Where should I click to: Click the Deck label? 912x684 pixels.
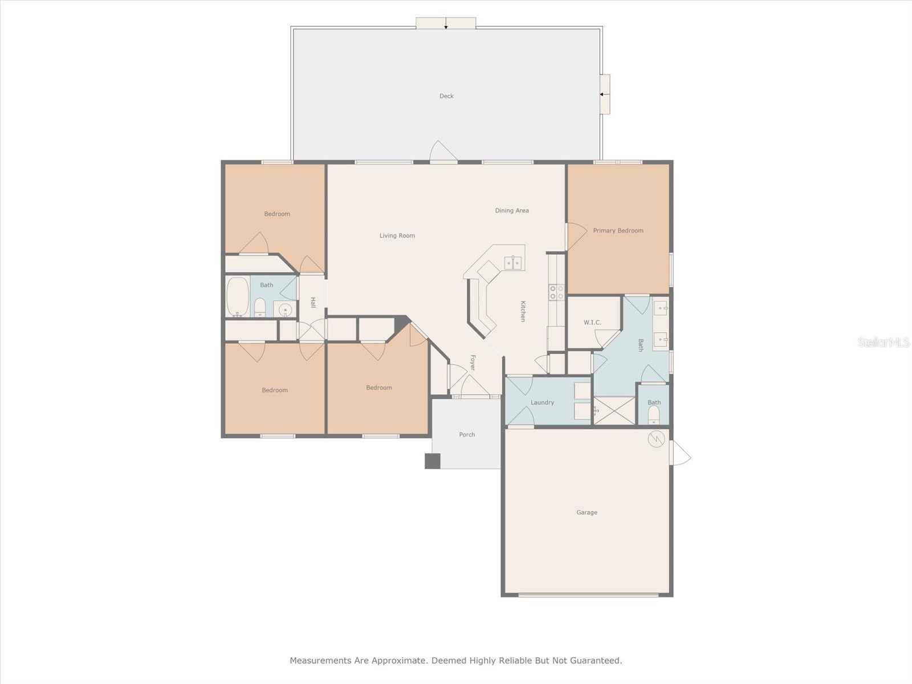click(446, 96)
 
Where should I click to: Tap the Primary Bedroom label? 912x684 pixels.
click(618, 231)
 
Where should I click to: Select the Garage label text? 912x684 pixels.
click(587, 512)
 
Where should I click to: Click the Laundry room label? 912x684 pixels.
click(542, 402)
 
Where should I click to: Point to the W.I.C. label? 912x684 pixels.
click(592, 323)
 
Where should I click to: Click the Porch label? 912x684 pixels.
click(467, 435)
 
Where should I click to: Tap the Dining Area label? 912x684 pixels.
click(512, 211)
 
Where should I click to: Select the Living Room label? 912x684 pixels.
click(397, 235)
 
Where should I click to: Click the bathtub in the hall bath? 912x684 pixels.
click(237, 296)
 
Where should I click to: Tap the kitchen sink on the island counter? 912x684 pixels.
click(513, 263)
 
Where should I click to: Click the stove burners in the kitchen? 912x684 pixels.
click(556, 292)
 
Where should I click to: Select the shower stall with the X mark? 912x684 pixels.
click(614, 411)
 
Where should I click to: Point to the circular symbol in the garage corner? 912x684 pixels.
click(657, 439)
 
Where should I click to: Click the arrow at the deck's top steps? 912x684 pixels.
click(446, 24)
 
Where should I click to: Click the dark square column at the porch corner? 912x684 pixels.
click(433, 461)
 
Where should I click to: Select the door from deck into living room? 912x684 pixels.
click(444, 152)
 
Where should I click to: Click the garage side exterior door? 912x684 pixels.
click(681, 453)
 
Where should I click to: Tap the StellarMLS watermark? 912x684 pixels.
click(883, 342)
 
